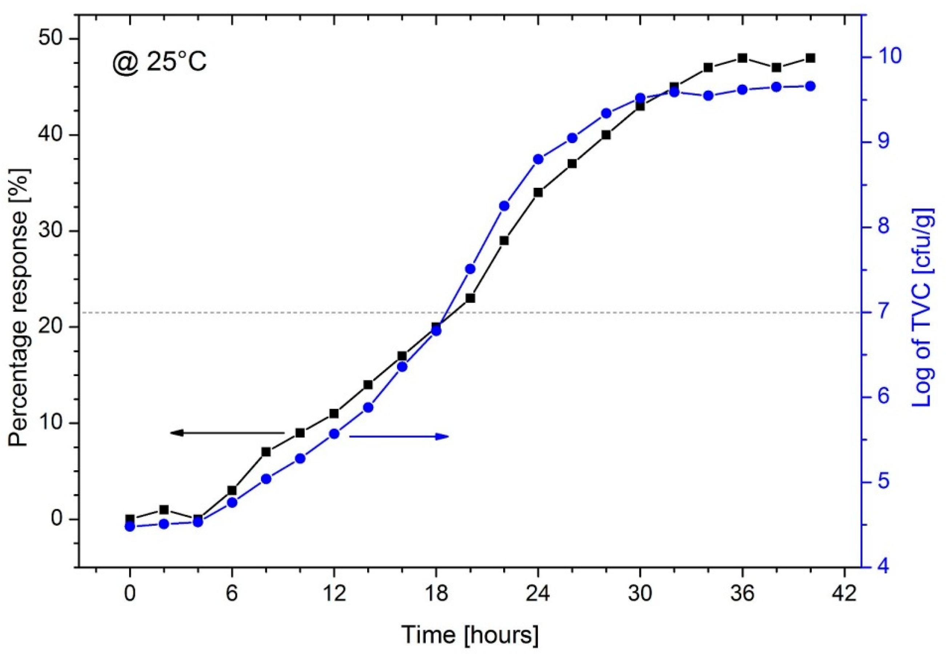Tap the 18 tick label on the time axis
(x=436, y=595)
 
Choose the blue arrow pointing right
(x=399, y=436)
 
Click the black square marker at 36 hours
(x=742, y=58)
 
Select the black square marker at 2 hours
(x=164, y=510)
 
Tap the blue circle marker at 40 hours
(x=810, y=86)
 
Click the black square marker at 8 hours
(x=266, y=452)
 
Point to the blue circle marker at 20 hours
(x=470, y=269)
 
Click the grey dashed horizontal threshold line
(x=247, y=312)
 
